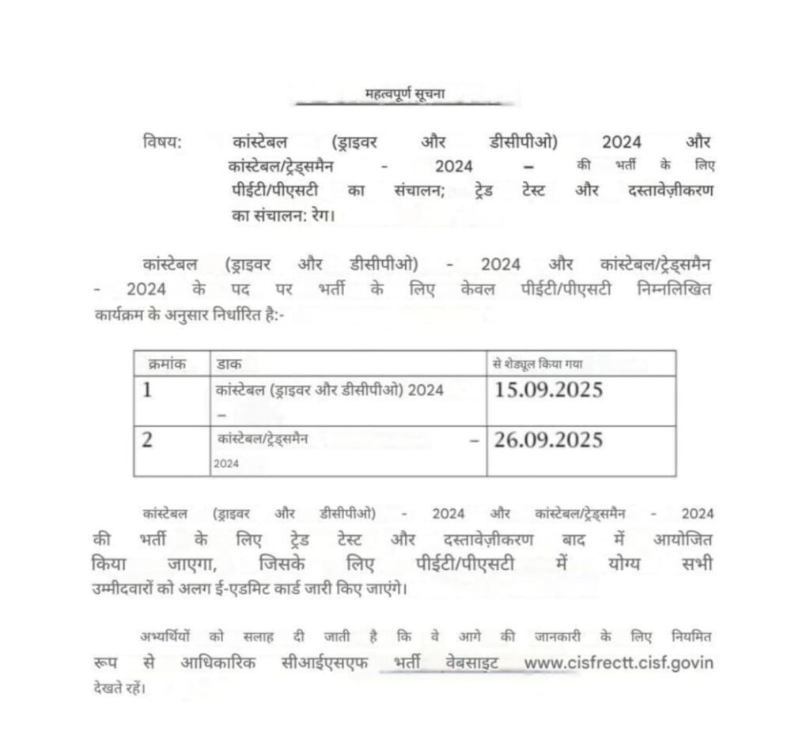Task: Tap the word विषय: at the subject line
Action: click(x=163, y=142)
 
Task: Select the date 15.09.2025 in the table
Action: click(x=547, y=391)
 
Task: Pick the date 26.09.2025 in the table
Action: click(x=547, y=439)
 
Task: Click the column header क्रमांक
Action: click(x=166, y=364)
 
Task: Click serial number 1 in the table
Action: click(x=147, y=391)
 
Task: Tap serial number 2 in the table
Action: click(x=147, y=440)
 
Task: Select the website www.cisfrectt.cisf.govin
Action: click(x=619, y=662)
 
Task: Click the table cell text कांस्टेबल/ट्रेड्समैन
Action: click(x=264, y=436)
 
